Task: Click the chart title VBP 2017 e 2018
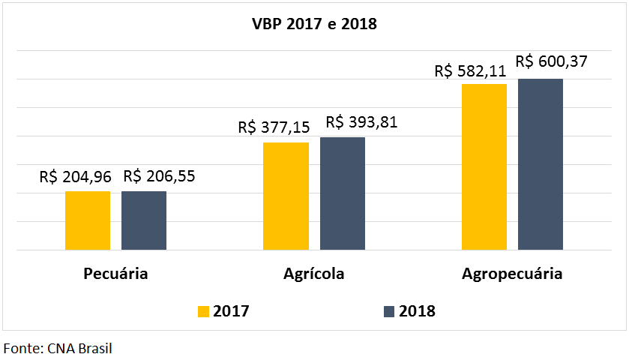pyautogui.click(x=314, y=24)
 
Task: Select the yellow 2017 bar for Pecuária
pyautogui.click(x=88, y=220)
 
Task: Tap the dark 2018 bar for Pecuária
pyautogui.click(x=144, y=220)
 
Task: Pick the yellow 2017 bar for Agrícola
pyautogui.click(x=286, y=196)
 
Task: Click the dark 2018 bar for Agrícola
pyautogui.click(x=343, y=193)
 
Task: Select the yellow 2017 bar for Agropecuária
pyautogui.click(x=484, y=166)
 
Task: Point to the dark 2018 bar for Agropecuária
pyautogui.click(x=541, y=164)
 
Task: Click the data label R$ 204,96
pyautogui.click(x=76, y=178)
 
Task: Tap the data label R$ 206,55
pyautogui.click(x=160, y=177)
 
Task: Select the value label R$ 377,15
pyautogui.click(x=274, y=127)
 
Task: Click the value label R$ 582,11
pyautogui.click(x=471, y=71)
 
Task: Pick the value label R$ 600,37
pyautogui.click(x=551, y=62)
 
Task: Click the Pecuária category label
pyautogui.click(x=115, y=273)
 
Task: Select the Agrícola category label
pyautogui.click(x=314, y=273)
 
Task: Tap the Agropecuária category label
pyautogui.click(x=512, y=273)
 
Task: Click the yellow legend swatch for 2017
pyautogui.click(x=204, y=311)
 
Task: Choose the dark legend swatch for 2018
pyautogui.click(x=389, y=311)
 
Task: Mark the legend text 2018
pyautogui.click(x=417, y=311)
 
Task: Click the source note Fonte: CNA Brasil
pyautogui.click(x=58, y=348)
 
